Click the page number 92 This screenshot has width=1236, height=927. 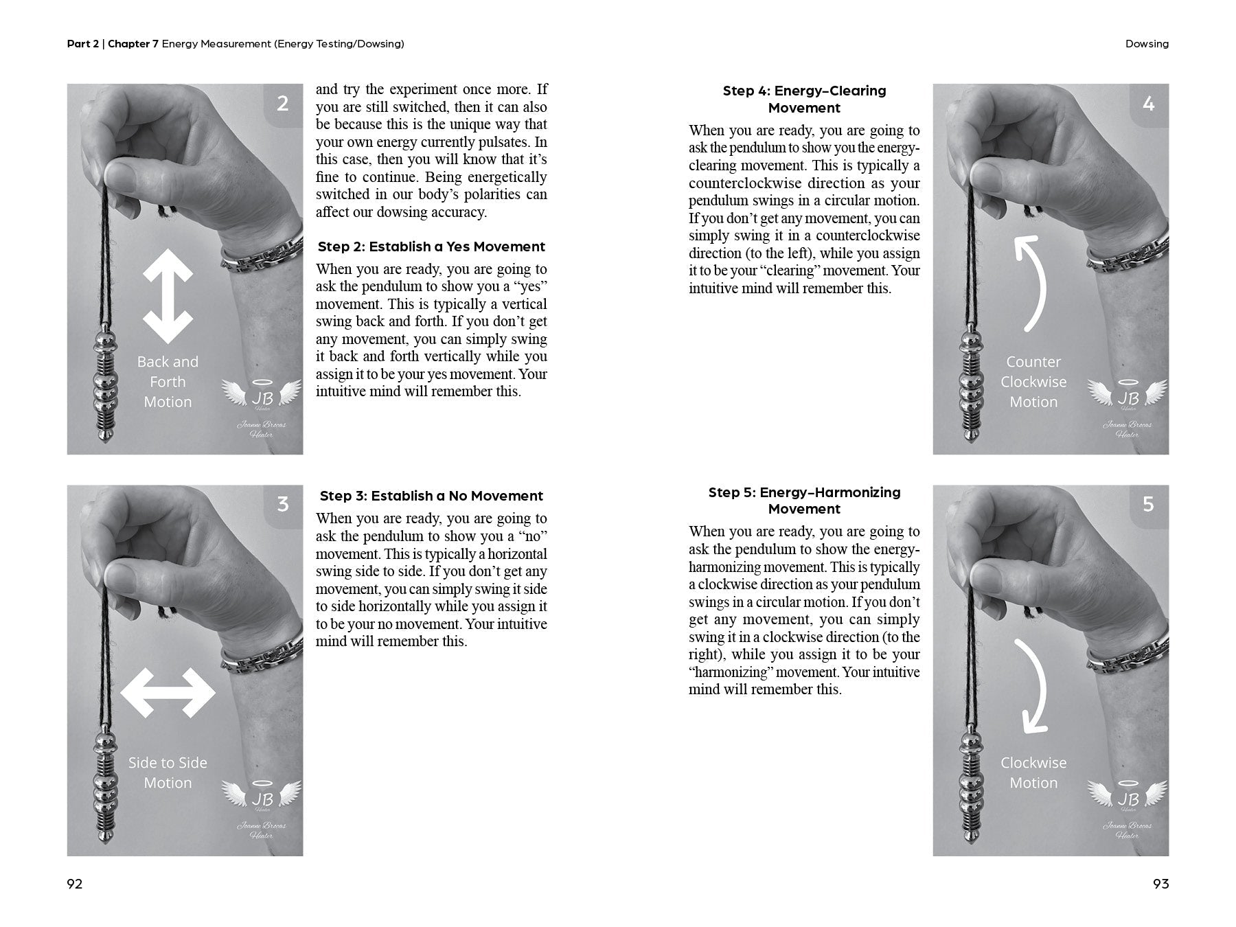[x=75, y=884]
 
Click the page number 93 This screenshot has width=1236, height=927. [x=1160, y=884]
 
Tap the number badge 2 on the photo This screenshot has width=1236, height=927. [x=283, y=104]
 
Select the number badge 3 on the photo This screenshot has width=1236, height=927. [x=283, y=505]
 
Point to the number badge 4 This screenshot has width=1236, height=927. [x=1148, y=104]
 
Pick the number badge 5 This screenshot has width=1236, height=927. [x=1148, y=505]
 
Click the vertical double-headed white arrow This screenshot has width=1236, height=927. [x=168, y=295]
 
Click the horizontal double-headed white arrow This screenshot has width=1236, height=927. [x=168, y=693]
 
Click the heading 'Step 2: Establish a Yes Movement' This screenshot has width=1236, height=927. [x=431, y=247]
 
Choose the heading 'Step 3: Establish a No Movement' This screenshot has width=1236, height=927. [x=431, y=496]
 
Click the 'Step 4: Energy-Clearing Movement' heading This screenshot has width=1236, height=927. [x=804, y=99]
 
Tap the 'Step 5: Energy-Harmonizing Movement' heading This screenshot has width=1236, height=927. [x=804, y=500]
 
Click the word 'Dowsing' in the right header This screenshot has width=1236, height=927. [x=1147, y=44]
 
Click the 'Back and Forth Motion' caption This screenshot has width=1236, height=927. [x=168, y=382]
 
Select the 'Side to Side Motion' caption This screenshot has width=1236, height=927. [x=168, y=772]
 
